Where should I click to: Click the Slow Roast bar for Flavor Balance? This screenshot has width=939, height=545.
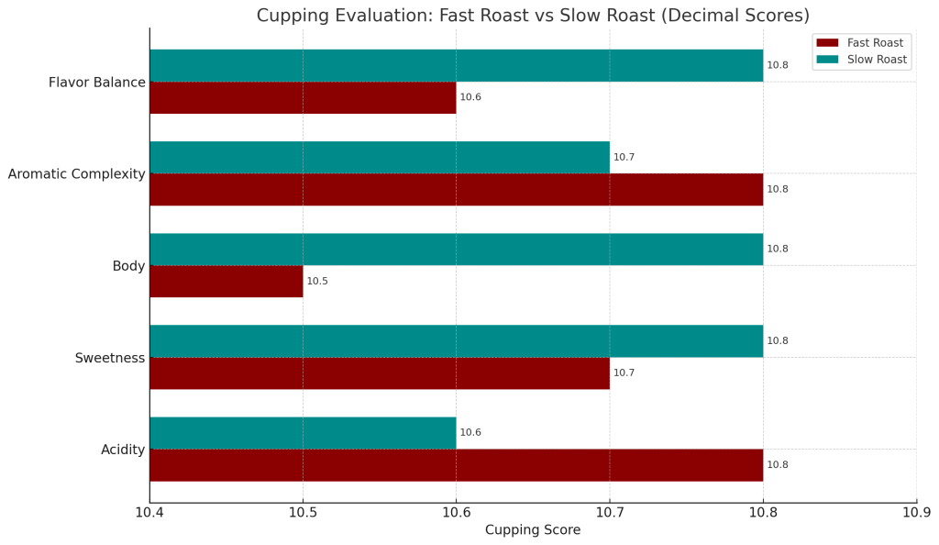[x=456, y=65]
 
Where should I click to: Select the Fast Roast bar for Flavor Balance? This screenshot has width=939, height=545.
[x=303, y=97]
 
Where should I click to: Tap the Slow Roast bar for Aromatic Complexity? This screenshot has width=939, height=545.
[x=380, y=157]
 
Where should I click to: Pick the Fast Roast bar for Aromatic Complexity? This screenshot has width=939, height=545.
[x=456, y=189]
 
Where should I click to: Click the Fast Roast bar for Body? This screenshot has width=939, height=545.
[x=226, y=281]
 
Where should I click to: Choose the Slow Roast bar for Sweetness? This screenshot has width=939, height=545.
[x=456, y=340]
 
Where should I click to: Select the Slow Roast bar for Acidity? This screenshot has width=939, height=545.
[x=303, y=432]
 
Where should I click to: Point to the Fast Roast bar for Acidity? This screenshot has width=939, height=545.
[x=456, y=464]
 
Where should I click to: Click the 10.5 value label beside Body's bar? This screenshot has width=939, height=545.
[x=317, y=282]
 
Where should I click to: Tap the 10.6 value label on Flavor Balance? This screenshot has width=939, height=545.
[x=470, y=97]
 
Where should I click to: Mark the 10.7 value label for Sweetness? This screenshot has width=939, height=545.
[x=624, y=373]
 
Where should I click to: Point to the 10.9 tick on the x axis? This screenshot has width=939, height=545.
[x=916, y=511]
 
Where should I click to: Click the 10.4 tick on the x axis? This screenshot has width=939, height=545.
[x=149, y=511]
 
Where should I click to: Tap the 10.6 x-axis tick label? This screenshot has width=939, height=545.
[x=456, y=511]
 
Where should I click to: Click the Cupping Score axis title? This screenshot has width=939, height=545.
[x=533, y=530]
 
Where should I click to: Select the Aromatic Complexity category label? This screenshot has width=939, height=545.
[x=76, y=174]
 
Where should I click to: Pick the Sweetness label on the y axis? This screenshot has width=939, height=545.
[x=110, y=358]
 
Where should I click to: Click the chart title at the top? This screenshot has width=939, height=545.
[x=533, y=16]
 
